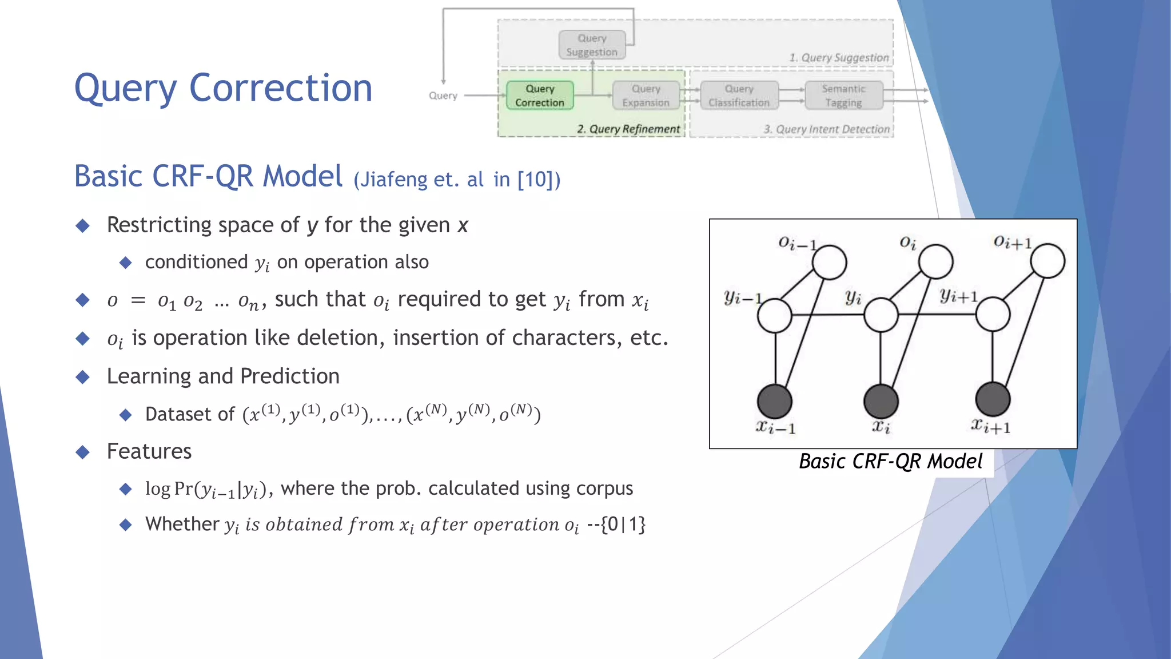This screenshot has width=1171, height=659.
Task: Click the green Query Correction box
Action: pyautogui.click(x=539, y=96)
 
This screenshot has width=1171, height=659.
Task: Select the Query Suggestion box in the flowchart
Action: pyautogui.click(x=592, y=45)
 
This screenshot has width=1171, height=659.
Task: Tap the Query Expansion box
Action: pyautogui.click(x=646, y=96)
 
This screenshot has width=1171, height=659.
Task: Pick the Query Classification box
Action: pyautogui.click(x=739, y=96)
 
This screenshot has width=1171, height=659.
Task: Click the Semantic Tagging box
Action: pyautogui.click(x=843, y=96)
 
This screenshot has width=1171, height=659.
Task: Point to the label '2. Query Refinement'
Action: pyautogui.click(x=628, y=129)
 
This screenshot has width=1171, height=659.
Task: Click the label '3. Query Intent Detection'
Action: pyautogui.click(x=827, y=129)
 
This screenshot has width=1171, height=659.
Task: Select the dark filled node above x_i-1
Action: pyautogui.click(x=775, y=401)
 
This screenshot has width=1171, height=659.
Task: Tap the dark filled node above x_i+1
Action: pyautogui.click(x=993, y=399)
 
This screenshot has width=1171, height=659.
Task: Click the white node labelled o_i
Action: pyautogui.click(x=935, y=261)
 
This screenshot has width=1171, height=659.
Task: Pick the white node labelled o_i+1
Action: pyautogui.click(x=1047, y=260)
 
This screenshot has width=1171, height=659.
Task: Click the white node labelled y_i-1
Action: pyautogui.click(x=775, y=316)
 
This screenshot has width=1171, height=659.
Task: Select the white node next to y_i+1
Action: pyautogui.click(x=993, y=315)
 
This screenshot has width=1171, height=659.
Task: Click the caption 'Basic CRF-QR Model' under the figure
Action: pyautogui.click(x=890, y=461)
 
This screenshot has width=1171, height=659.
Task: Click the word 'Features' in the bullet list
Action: pyautogui.click(x=149, y=451)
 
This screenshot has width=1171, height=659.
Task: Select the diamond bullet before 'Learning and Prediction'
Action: pyautogui.click(x=83, y=377)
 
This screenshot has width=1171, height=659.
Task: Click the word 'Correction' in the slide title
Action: pyautogui.click(x=280, y=89)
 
